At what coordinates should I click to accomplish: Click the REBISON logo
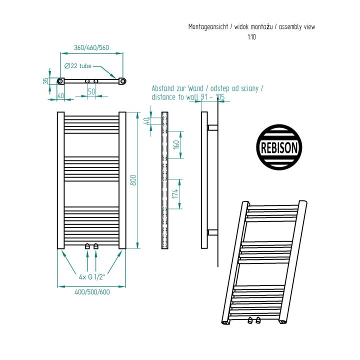279,147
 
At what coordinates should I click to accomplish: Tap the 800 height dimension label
133,180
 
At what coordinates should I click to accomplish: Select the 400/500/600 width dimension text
92,292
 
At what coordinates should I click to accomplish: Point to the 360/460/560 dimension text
91,48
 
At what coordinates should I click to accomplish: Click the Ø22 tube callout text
78,66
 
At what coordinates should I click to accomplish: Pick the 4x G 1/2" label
91,277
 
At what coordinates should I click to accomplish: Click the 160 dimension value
176,144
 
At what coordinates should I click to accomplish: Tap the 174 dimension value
175,193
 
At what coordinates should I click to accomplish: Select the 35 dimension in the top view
46,81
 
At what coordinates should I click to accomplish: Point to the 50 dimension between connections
91,91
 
